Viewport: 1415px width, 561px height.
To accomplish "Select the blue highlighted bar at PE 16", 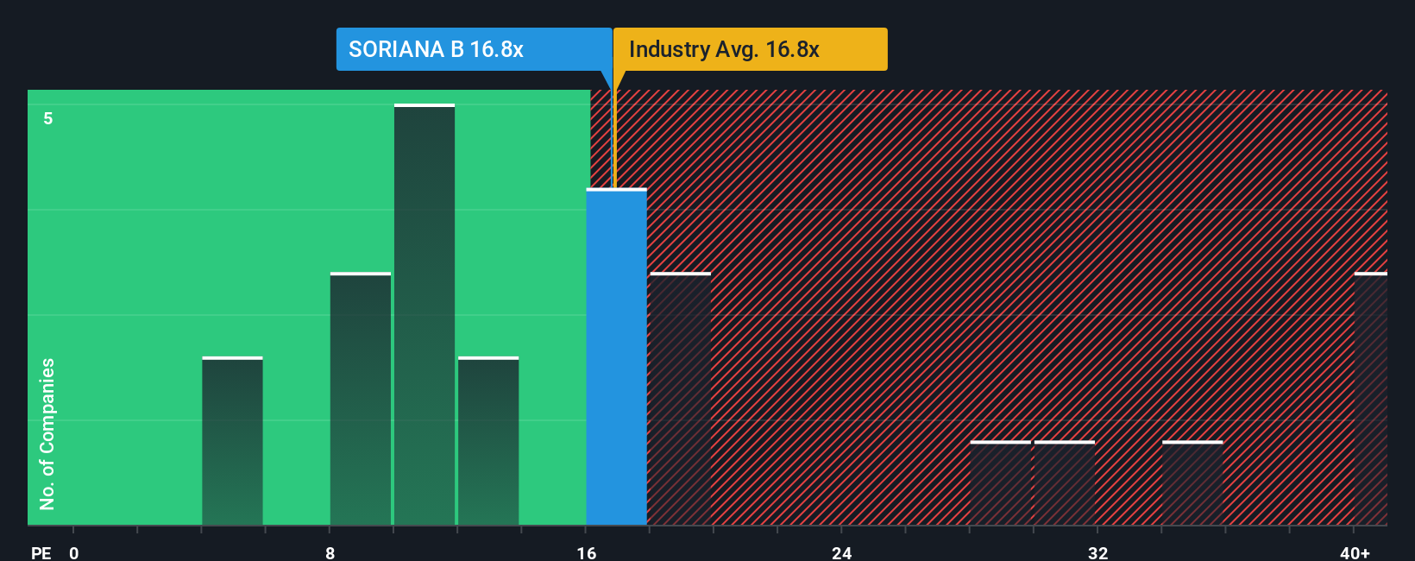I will (x=616, y=357).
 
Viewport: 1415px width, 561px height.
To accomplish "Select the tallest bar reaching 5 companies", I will (x=424, y=315).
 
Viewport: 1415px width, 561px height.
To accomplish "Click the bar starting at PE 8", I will (x=361, y=399).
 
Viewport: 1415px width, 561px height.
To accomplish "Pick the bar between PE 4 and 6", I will (x=232, y=441).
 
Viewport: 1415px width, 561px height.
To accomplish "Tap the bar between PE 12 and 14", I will (x=488, y=441).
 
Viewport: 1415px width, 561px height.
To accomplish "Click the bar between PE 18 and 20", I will (x=680, y=399).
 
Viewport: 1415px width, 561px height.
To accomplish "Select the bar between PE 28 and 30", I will (x=1000, y=483).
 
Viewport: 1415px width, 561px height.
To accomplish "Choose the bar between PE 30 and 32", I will (x=1064, y=483).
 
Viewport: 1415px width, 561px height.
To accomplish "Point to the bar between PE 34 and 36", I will (x=1192, y=483).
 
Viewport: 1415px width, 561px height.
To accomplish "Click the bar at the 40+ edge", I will (x=1370, y=399).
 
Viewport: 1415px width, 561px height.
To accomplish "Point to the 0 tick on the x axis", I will (x=74, y=552).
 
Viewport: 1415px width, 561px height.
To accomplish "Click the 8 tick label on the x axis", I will (x=330, y=552).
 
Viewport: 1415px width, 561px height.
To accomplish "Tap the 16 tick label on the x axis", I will (x=587, y=552).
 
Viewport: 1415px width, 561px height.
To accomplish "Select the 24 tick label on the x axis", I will (x=842, y=552).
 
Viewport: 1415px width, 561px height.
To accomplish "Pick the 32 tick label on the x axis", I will (x=1097, y=552).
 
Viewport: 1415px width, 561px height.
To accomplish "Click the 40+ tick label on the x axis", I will (x=1355, y=552).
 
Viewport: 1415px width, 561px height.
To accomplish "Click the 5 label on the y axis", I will (x=48, y=118).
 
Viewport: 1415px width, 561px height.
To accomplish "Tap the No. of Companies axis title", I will (x=47, y=433).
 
